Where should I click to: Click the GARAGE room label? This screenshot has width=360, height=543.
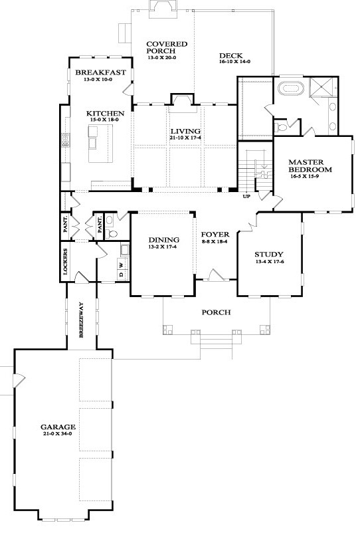point(58,427)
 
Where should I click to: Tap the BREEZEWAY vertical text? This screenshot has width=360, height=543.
point(81,320)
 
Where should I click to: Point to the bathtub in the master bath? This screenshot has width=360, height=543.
point(292,88)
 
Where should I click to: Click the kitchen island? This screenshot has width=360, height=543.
point(100,144)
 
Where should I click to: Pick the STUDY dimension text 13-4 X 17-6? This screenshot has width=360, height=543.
point(269,262)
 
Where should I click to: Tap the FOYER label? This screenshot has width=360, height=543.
point(215,235)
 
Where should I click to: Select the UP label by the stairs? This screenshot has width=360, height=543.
point(246,196)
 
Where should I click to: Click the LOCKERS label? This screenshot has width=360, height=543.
point(65,261)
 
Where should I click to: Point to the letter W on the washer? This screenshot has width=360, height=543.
point(121,265)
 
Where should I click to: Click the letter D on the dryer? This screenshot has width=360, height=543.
point(121,274)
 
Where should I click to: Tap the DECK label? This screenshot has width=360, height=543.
point(231,55)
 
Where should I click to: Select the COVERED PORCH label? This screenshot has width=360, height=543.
point(167,47)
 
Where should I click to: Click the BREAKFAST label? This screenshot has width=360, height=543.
point(100,72)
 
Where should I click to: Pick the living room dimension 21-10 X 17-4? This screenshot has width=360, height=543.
point(185,138)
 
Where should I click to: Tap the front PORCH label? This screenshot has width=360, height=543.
point(216,312)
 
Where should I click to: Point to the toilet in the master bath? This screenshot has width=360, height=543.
point(281,128)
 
